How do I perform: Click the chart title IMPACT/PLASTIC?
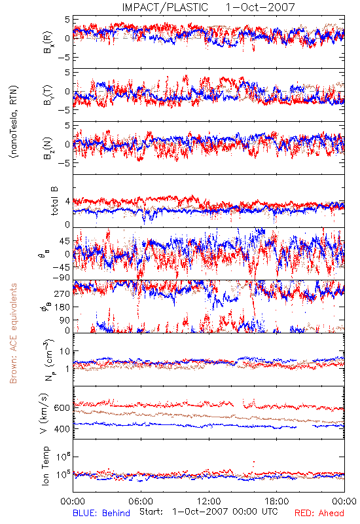coord(165,7)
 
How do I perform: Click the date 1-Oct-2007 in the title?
coord(261,7)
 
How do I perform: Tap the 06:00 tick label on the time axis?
coord(141,501)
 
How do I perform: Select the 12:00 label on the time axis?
coord(209,501)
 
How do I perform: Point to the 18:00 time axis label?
coord(277,501)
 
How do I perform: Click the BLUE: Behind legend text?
coord(101,513)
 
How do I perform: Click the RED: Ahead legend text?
coord(319,513)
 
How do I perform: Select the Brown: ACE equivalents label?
coord(13,333)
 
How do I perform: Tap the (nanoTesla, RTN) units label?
coord(14,122)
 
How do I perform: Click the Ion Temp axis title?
coord(45,466)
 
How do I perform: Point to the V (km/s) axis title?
coord(45,413)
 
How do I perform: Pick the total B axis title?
coord(54,201)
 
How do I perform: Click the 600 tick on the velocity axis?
coord(62,408)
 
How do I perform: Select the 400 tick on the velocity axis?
coord(62,429)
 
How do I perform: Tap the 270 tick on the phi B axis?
coord(62,293)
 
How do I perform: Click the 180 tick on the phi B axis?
coord(62,307)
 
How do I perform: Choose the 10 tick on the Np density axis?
coord(65,352)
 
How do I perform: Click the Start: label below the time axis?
coord(151,512)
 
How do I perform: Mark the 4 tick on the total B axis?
coord(68,202)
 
